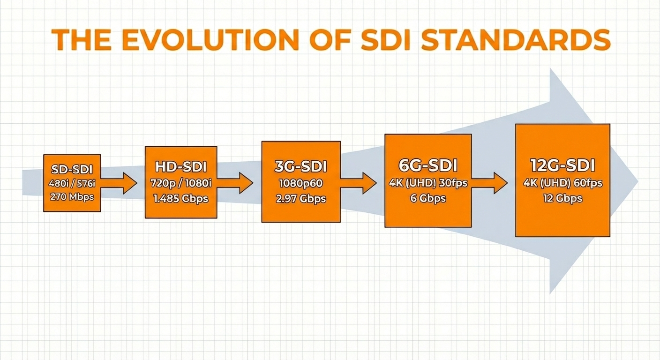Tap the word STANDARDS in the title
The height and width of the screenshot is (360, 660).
pos(516,40)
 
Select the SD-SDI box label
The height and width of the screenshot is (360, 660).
pos(72,169)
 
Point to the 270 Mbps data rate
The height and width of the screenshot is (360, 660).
pos(72,196)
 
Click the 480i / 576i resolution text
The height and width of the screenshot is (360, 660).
pos(72,184)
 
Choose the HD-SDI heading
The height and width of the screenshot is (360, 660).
pos(181,167)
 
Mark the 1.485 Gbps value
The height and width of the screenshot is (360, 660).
pos(181,199)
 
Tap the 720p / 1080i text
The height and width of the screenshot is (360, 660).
pos(181,183)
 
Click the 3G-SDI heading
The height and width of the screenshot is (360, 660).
pos(301,166)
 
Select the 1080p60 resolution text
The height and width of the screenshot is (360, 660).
pos(301,183)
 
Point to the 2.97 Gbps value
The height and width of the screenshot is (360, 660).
pos(301,199)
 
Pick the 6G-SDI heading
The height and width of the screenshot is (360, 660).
pos(428,165)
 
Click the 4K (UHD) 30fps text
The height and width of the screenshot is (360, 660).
pos(428,183)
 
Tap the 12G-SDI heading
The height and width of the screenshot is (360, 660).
pos(562,165)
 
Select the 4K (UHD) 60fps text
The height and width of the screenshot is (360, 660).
pos(562,183)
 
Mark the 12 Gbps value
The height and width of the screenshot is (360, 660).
pos(562,198)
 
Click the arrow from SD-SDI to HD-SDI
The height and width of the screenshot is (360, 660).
pos(119,183)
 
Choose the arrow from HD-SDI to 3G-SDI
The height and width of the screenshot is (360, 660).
pos(235,183)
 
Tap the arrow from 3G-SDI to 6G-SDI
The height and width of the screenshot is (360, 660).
pos(359,183)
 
